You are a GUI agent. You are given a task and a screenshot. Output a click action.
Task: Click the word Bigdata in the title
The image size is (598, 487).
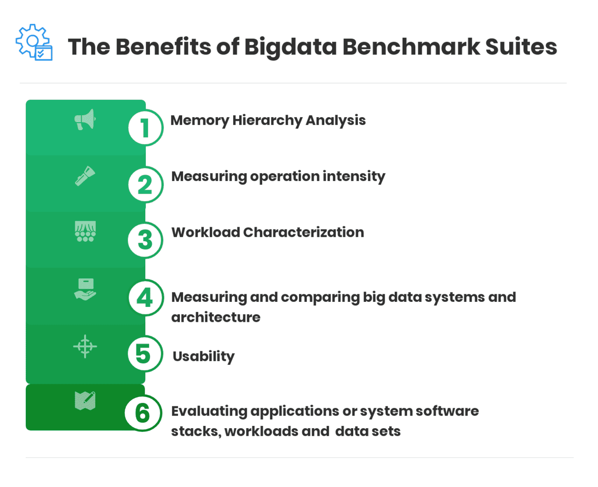pos(290,47)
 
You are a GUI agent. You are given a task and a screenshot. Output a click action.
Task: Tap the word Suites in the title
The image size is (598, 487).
pos(521,47)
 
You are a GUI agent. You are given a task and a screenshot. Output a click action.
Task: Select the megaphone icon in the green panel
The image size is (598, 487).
pos(85,120)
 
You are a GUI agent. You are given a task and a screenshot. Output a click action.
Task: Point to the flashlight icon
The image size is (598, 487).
pos(85,176)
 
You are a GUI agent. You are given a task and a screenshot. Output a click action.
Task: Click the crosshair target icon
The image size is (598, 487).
pos(85,346)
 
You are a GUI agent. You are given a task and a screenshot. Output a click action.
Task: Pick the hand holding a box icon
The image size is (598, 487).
pos(85,289)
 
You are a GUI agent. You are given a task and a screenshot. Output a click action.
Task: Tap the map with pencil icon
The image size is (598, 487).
pos(85,401)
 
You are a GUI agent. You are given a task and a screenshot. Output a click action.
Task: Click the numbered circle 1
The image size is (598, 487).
pos(145,128)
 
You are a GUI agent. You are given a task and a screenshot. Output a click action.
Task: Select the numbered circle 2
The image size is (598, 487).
pos(145,185)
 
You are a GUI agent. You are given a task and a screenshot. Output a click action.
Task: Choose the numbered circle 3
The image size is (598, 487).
pos(145,241)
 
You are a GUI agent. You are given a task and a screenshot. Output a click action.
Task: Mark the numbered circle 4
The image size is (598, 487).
pos(145,298)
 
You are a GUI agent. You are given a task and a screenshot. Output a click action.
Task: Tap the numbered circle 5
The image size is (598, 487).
pos(144,354)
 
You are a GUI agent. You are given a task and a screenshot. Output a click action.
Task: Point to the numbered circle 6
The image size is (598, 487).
pos(143,413)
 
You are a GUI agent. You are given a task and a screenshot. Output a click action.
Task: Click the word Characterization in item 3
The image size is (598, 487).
pos(303,232)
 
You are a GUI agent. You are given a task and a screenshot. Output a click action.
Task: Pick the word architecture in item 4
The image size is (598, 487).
pos(216,317)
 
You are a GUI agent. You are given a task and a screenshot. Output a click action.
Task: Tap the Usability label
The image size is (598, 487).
pos(204,356)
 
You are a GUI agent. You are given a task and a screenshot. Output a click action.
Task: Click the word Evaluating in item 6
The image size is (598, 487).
pos(209,411)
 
